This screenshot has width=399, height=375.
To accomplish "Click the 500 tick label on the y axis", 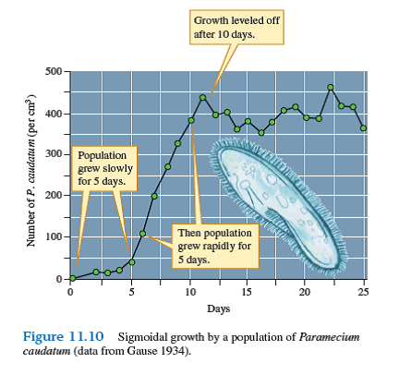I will [x=54, y=72].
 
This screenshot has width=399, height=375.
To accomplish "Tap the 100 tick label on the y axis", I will [x=54, y=237].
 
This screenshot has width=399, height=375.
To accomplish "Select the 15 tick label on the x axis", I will [x=247, y=293].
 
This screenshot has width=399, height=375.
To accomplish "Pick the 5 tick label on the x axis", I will [x=130, y=293].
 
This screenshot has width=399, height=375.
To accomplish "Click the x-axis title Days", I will [x=219, y=308].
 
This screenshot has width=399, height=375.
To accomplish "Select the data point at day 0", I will [x=72, y=278].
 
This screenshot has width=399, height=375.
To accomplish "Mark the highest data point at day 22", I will [x=331, y=88].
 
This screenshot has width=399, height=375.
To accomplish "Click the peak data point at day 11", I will [x=202, y=97].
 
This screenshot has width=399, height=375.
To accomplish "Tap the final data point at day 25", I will [x=365, y=128].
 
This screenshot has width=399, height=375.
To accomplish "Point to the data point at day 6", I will [x=143, y=234].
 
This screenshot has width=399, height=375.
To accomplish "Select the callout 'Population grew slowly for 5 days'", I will [x=106, y=169].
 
